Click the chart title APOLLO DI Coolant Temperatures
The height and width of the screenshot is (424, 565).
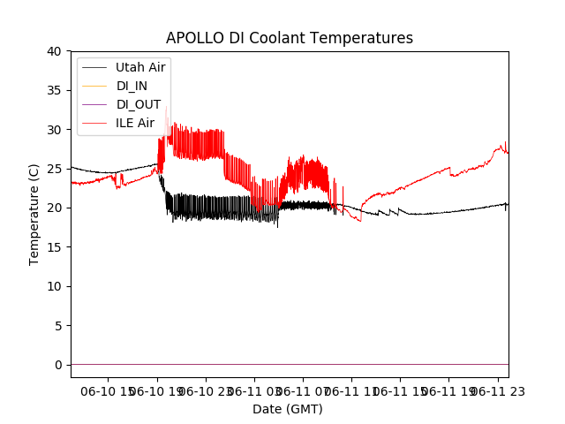[290, 38]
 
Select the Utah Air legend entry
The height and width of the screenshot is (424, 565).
[140, 67]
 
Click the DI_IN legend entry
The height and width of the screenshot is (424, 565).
[132, 86]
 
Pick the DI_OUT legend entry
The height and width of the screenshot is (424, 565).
[138, 104]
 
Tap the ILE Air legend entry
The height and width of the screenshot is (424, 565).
[135, 123]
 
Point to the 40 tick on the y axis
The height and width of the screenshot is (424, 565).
[55, 51]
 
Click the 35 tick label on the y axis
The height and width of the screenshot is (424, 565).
[55, 90]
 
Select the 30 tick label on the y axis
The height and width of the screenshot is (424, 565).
[55, 130]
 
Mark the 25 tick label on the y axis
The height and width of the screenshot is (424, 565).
[55, 169]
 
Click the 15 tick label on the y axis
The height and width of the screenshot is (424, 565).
[55, 247]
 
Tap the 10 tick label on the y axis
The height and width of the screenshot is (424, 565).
[55, 286]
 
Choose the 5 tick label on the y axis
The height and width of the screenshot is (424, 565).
[58, 325]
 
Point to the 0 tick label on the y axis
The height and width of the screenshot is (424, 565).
[58, 365]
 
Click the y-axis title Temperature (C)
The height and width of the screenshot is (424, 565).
[34, 214]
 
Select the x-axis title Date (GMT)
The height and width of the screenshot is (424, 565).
[288, 409]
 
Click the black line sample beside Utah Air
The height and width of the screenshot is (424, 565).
[94, 67]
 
